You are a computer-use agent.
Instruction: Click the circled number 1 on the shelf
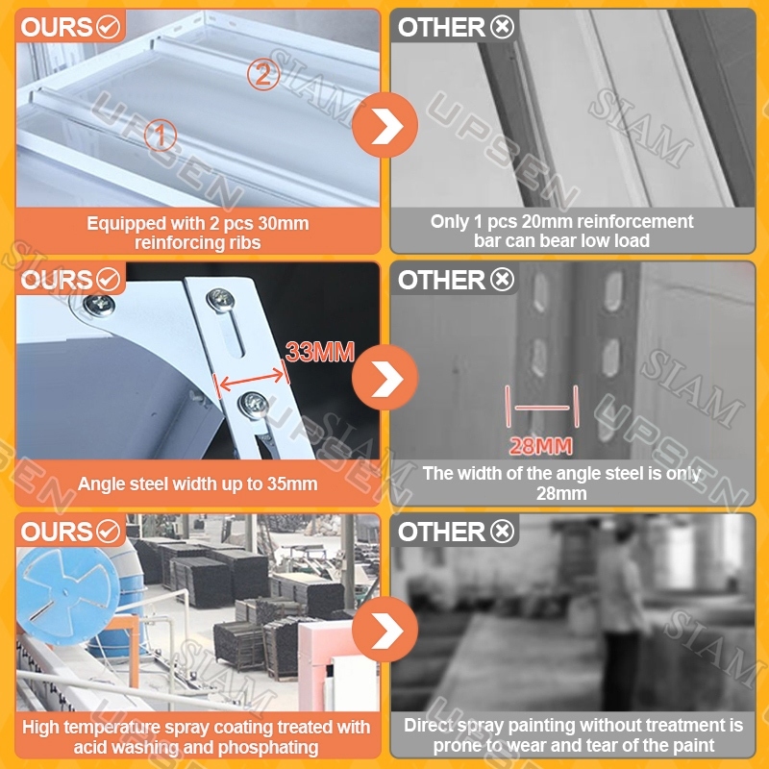click(161, 135)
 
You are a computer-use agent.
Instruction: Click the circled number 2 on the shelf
click(263, 74)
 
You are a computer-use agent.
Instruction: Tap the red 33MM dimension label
click(320, 352)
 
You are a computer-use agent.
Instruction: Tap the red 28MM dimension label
click(540, 446)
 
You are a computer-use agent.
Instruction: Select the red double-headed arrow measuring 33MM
click(252, 379)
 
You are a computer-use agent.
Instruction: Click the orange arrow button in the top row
click(385, 125)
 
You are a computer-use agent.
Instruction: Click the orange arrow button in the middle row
click(385, 378)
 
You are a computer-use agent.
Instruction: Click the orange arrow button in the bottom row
click(385, 630)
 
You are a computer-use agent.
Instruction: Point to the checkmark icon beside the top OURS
click(109, 27)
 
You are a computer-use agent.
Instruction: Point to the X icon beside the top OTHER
click(502, 27)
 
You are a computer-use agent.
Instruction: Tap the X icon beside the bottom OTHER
click(502, 532)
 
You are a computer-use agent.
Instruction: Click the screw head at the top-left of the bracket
click(99, 305)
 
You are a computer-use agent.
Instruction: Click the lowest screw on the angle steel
click(254, 405)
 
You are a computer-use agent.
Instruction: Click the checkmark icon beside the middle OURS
click(109, 280)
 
